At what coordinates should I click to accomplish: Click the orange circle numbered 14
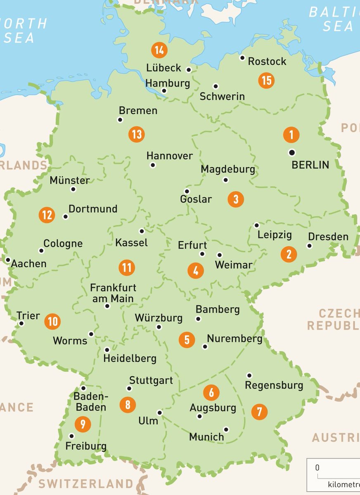(x=159, y=51)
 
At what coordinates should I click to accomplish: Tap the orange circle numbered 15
(x=266, y=80)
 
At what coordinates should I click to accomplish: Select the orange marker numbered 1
(x=291, y=135)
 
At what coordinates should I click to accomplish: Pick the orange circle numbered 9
(x=83, y=424)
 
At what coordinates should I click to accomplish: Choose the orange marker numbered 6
(x=211, y=392)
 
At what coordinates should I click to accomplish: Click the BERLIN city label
(x=310, y=165)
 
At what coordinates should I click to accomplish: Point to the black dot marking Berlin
(x=292, y=153)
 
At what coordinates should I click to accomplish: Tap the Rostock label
(x=267, y=61)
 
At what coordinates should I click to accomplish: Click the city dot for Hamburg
(x=164, y=91)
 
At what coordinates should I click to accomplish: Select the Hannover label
(x=170, y=156)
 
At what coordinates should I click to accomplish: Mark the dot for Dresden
(x=309, y=246)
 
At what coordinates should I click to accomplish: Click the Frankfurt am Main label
(x=114, y=293)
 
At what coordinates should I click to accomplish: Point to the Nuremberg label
(x=234, y=339)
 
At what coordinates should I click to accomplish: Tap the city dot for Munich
(x=226, y=429)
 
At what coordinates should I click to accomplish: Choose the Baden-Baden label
(x=90, y=402)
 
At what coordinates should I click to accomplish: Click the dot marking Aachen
(x=8, y=260)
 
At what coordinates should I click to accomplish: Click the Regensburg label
(x=274, y=386)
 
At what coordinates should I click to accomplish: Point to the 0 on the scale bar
(x=317, y=468)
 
